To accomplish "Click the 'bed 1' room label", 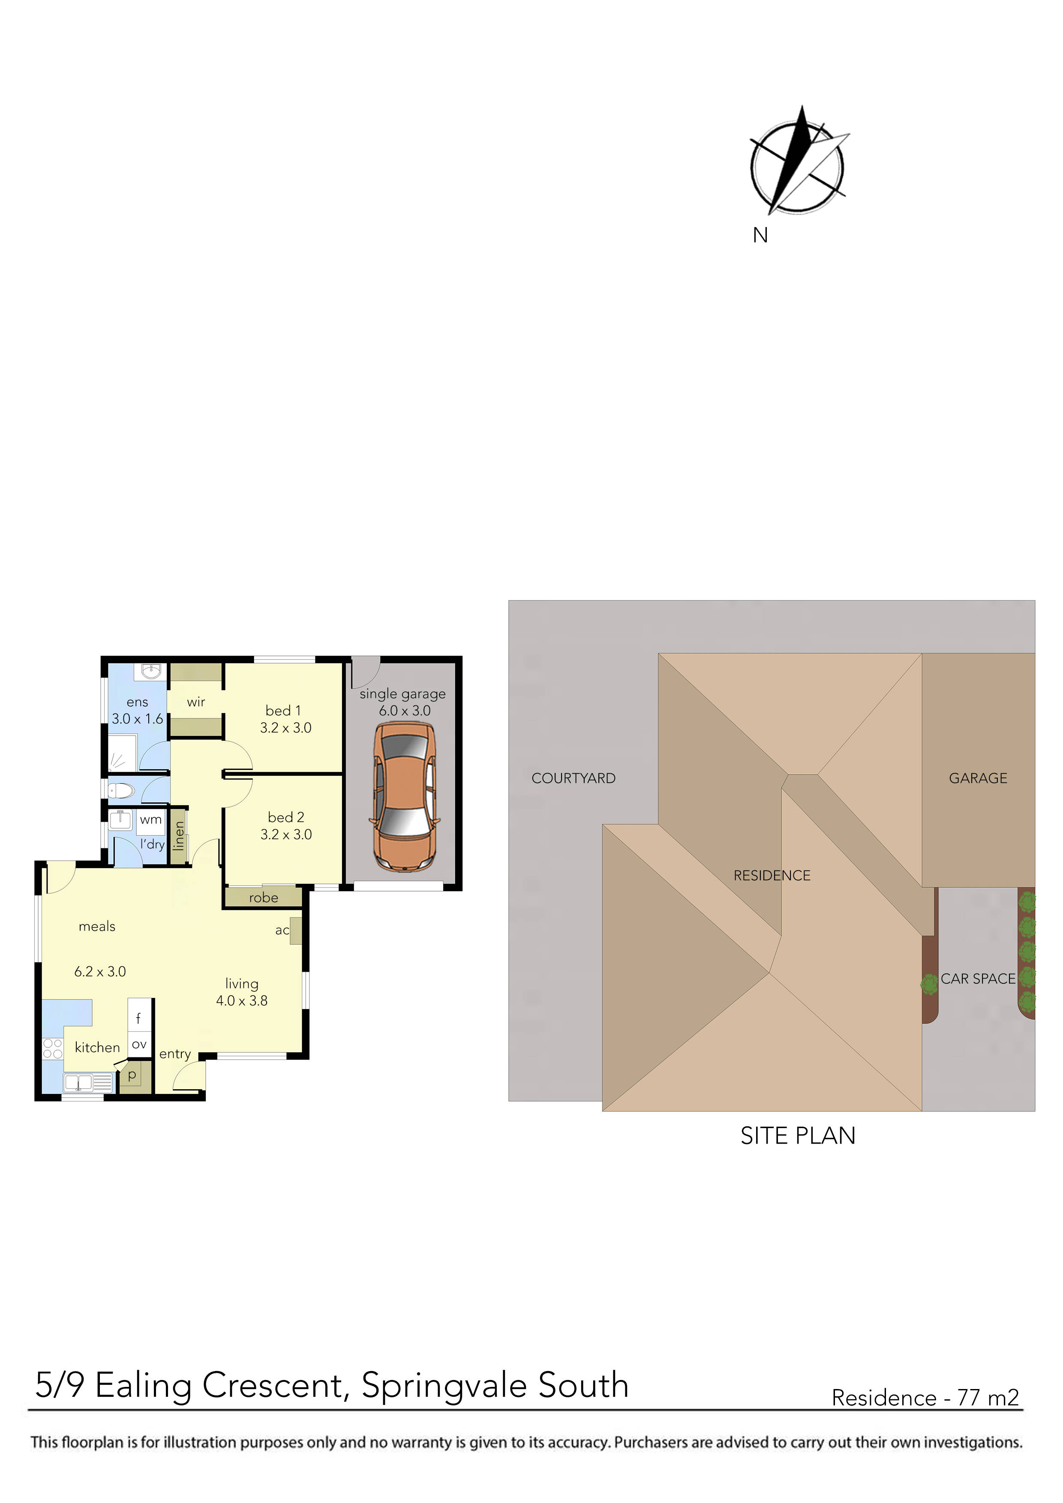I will coord(284,710).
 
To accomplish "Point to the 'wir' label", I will coord(196,702).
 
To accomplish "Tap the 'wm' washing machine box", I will coord(150,820).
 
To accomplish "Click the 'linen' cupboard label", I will coord(179,836).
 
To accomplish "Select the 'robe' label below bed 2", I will coord(263,898).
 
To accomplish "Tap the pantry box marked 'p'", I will coord(133,1075).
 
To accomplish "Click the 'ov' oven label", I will coord(139,1045).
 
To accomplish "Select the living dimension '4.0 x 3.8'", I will coord(242,1000).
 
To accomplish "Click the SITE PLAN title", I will coord(797,1136).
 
